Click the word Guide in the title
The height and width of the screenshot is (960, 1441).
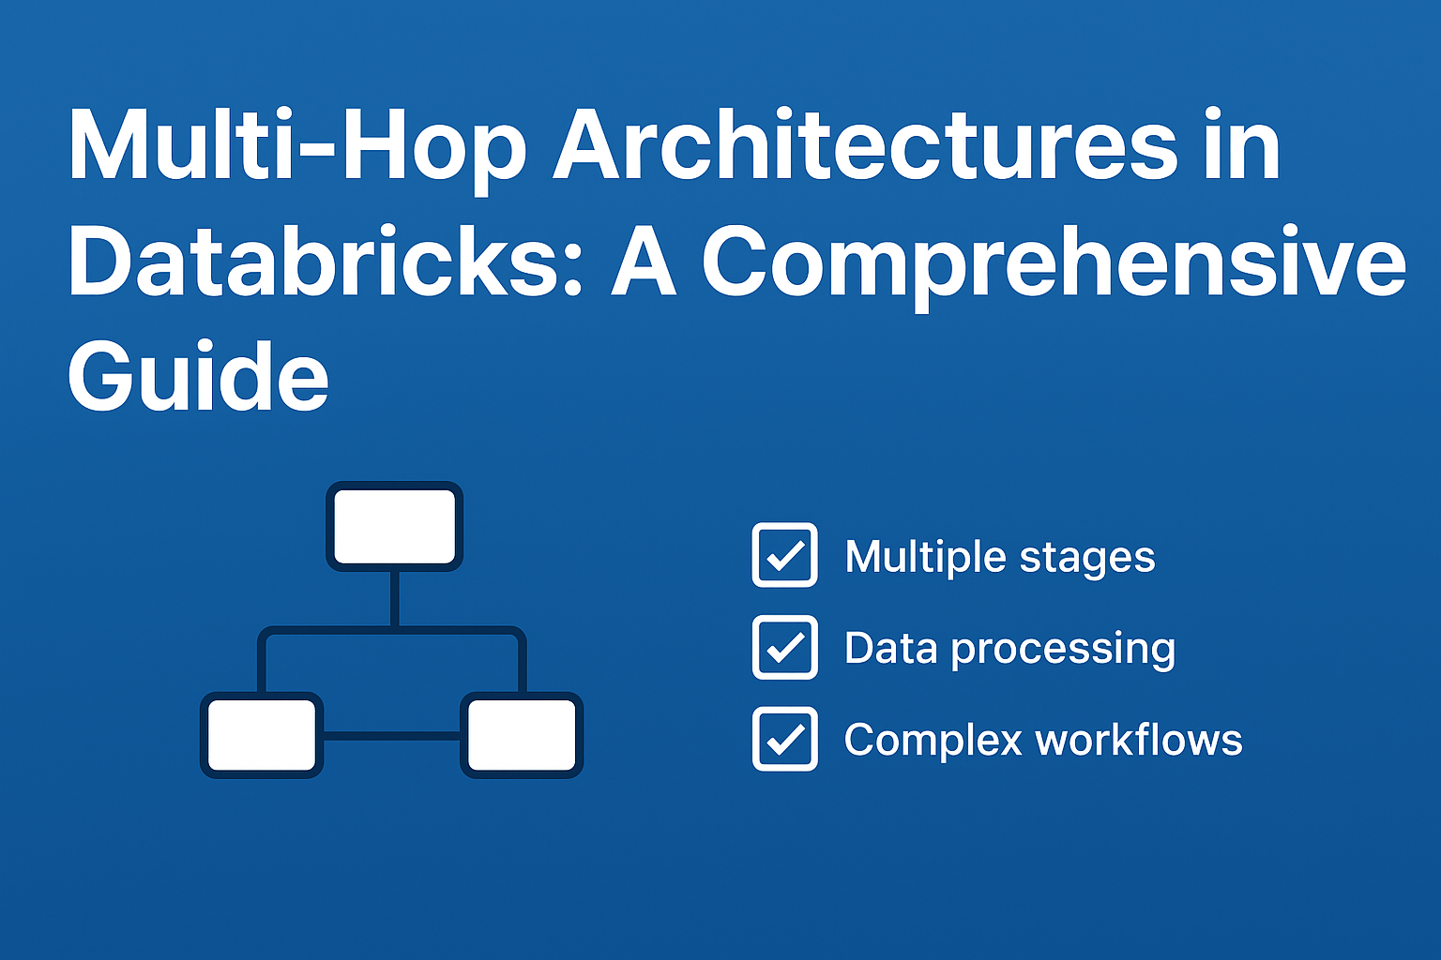click(x=198, y=377)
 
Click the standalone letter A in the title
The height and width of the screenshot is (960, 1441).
click(x=644, y=263)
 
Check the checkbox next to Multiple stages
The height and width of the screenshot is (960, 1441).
click(x=784, y=555)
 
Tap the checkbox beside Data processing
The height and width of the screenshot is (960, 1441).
click(x=784, y=647)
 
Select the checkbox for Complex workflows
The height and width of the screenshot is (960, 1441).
click(x=784, y=739)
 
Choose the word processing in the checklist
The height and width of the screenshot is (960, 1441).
click(x=1063, y=650)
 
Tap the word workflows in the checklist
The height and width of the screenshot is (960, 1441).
click(x=1139, y=740)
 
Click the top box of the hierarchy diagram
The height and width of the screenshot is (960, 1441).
click(x=395, y=526)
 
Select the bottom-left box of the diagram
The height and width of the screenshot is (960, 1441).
click(x=262, y=735)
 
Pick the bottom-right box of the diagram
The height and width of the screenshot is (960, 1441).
click(x=522, y=735)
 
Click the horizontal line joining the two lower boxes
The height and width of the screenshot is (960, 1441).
click(x=391, y=736)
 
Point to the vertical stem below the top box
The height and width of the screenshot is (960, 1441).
click(x=394, y=597)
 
